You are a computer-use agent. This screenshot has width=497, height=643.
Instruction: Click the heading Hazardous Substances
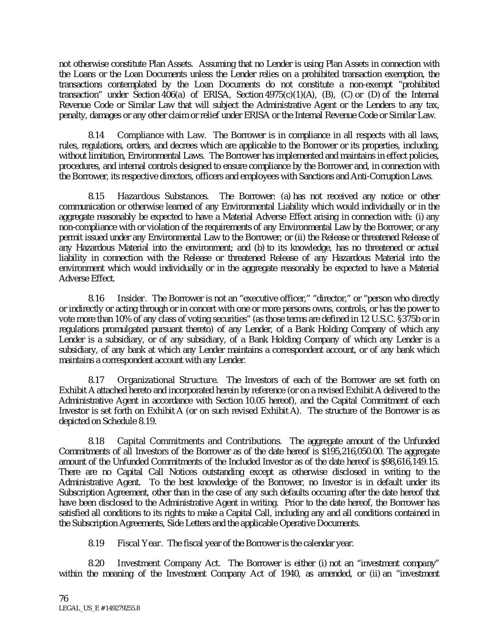(x=163, y=196)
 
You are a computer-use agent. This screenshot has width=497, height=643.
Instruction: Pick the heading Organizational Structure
(x=167, y=380)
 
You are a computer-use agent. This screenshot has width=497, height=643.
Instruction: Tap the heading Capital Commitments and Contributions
(x=199, y=441)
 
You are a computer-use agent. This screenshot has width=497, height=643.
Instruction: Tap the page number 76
(x=64, y=598)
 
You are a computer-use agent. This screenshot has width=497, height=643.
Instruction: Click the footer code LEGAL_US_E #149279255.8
(x=99, y=608)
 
